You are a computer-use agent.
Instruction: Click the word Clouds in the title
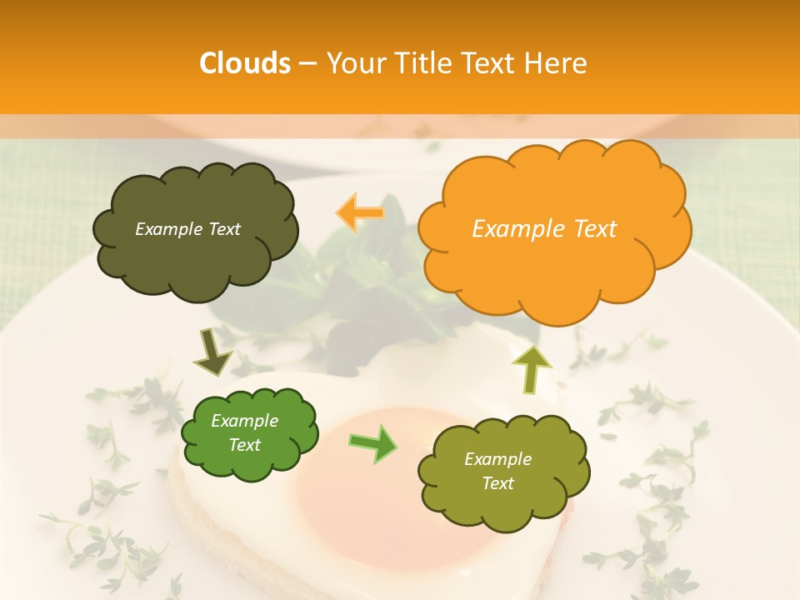click(245, 63)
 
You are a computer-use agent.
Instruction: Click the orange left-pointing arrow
click(360, 212)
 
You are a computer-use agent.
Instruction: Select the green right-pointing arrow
click(373, 442)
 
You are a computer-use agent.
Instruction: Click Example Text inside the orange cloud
click(544, 229)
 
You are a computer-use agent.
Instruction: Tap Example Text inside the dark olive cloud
click(187, 229)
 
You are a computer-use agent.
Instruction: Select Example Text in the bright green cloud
click(245, 433)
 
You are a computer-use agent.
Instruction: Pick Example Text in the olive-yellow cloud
click(497, 471)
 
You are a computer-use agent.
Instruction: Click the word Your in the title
click(355, 63)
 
